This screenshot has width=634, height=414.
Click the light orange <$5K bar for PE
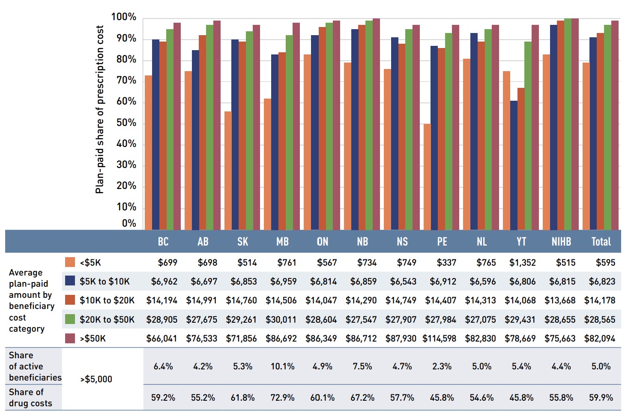[x=427, y=177]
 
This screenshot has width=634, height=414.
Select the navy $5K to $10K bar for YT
[x=514, y=165]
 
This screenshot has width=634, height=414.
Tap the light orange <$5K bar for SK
[x=228, y=171]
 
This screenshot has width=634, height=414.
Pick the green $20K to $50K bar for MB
[x=289, y=132]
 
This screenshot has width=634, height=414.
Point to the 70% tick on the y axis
[x=126, y=81]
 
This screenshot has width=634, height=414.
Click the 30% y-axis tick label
[x=126, y=165]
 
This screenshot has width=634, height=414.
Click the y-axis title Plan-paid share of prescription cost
[x=99, y=109]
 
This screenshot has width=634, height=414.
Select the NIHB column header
[x=561, y=242]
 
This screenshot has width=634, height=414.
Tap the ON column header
[x=323, y=242]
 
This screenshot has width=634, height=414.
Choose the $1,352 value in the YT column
[x=522, y=263]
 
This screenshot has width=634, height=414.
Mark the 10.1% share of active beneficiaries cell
[x=282, y=366]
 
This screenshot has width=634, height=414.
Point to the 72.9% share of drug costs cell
[x=282, y=398]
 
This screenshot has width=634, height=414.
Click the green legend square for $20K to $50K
[x=70, y=319]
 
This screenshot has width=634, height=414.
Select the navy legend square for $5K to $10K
[x=70, y=281]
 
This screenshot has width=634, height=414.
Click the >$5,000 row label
[x=96, y=379]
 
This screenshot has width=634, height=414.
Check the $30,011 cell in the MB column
[x=281, y=320]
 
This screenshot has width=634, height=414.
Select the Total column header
[x=601, y=242]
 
